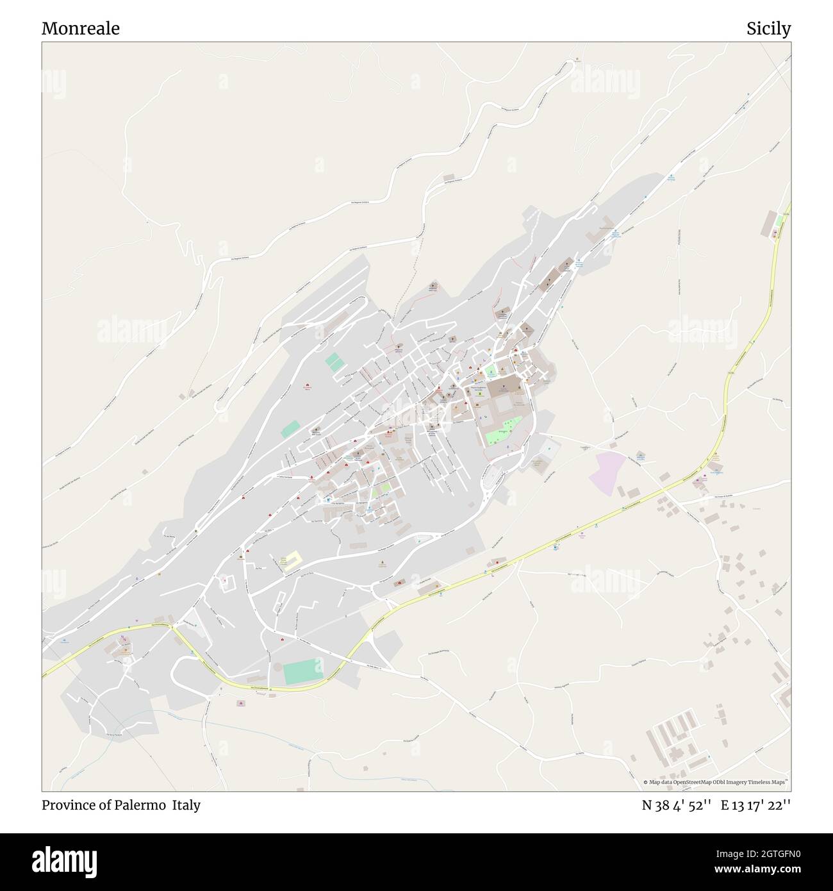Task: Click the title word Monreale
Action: click(80, 29)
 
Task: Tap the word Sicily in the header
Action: click(768, 29)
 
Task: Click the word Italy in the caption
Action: click(186, 805)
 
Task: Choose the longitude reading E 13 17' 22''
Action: click(755, 805)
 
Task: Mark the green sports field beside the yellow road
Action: click(302, 671)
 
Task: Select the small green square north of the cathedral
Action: click(490, 371)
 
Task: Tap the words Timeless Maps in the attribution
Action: click(771, 782)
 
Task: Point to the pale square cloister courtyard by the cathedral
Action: click(504, 404)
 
